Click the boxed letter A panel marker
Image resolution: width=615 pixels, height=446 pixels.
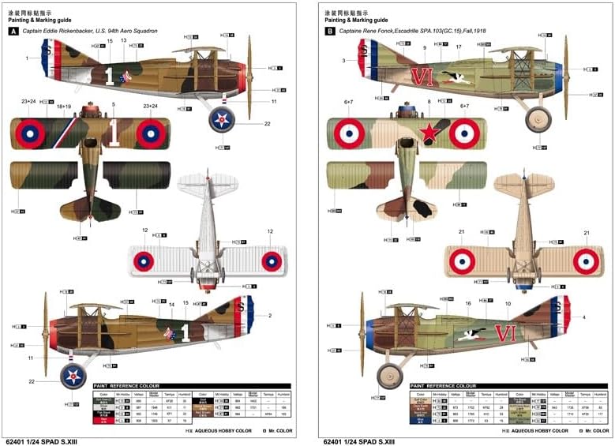(x=13, y=31)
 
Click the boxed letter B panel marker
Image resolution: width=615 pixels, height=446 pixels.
(x=329, y=31)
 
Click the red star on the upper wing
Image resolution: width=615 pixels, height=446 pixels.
(x=429, y=133)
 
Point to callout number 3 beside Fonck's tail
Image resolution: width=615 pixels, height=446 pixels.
(x=343, y=60)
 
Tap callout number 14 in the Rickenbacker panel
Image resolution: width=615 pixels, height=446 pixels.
(x=172, y=304)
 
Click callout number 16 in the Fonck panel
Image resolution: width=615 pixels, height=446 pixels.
(x=468, y=303)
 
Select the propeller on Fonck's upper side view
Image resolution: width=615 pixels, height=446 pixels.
(x=566, y=67)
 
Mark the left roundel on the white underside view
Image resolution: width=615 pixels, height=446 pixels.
(x=144, y=260)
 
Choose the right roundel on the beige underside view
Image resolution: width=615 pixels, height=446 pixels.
(x=585, y=261)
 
